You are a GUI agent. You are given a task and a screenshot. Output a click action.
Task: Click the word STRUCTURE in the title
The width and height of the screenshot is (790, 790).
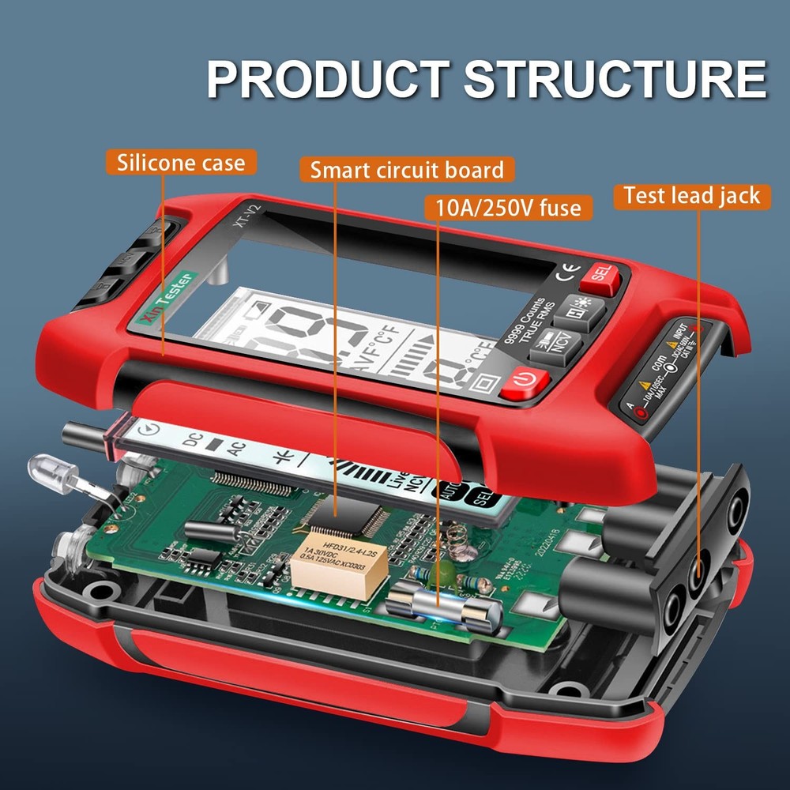615,77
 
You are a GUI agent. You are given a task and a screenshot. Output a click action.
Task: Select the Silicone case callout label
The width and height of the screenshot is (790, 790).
181,164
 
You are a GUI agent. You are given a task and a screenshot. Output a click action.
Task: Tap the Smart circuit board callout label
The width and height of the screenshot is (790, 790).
407,170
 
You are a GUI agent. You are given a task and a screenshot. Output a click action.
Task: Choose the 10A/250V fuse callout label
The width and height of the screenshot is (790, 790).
508,208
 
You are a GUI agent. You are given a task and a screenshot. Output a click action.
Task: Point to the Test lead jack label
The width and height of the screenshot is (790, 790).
691,195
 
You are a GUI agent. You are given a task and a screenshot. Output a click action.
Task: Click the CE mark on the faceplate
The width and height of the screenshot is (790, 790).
566,276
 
